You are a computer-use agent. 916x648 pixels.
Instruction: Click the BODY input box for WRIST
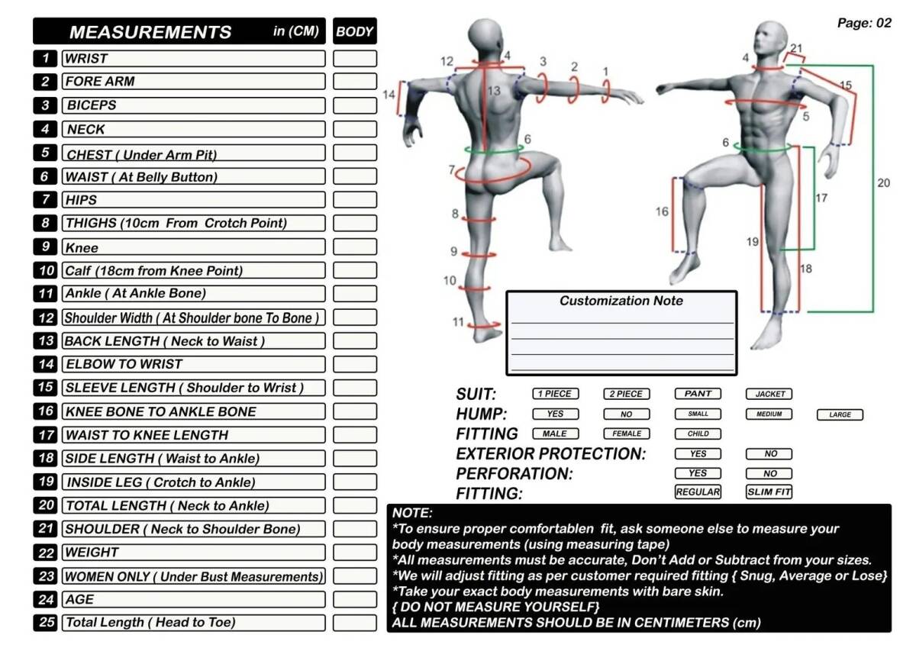355,58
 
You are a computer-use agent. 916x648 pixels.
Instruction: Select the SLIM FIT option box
769,492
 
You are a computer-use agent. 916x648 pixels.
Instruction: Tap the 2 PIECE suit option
627,394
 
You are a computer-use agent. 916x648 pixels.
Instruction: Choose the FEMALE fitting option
627,434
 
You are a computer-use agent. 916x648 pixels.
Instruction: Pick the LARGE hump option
840,414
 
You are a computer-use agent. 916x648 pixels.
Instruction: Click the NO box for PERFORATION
769,473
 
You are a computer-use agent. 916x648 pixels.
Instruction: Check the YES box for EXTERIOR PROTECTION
698,453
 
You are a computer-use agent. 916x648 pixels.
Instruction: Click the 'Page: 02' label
864,23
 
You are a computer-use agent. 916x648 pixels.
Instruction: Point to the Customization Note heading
621,301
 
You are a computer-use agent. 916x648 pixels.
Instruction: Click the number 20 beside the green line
883,183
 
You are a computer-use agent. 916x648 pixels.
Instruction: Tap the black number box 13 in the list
46,340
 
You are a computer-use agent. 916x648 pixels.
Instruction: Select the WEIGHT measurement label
92,552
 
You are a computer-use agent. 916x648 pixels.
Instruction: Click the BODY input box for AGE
355,599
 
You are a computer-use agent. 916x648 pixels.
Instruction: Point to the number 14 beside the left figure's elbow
389,95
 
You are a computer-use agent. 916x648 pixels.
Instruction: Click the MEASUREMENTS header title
150,32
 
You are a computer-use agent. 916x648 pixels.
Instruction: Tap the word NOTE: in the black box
412,514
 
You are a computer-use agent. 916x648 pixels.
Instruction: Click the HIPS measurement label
81,200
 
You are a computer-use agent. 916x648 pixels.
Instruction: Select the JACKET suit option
769,394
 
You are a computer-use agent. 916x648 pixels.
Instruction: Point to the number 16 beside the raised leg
662,211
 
